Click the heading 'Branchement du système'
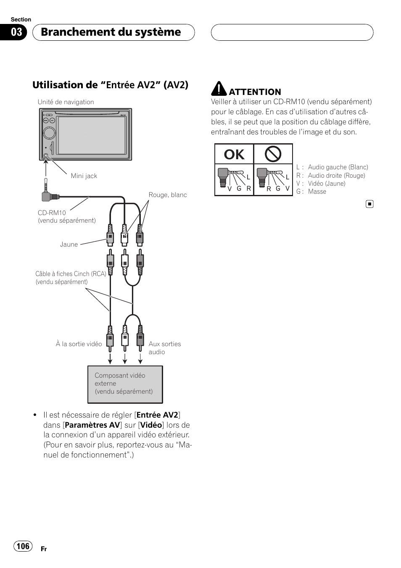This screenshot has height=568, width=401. [111, 32]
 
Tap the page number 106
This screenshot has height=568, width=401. [23, 546]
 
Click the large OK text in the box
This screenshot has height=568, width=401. [234, 155]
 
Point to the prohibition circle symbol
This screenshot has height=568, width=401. [273, 154]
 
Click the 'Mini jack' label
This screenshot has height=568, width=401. [84, 176]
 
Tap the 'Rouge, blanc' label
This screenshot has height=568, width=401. [168, 195]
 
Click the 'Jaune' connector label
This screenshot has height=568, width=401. [69, 245]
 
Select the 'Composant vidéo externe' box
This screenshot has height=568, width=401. [125, 384]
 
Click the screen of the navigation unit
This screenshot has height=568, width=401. [92, 134]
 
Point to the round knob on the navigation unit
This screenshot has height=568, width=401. [49, 133]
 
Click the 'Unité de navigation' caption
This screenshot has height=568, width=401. [66, 102]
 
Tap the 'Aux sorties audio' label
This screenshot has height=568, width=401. [164, 348]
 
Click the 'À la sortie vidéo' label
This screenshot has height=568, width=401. [79, 344]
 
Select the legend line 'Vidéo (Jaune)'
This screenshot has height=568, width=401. [327, 184]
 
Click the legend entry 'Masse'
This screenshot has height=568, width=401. [317, 192]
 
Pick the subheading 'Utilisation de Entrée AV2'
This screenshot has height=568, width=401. [110, 85]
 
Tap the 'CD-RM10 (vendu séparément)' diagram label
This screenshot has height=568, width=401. [67, 217]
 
